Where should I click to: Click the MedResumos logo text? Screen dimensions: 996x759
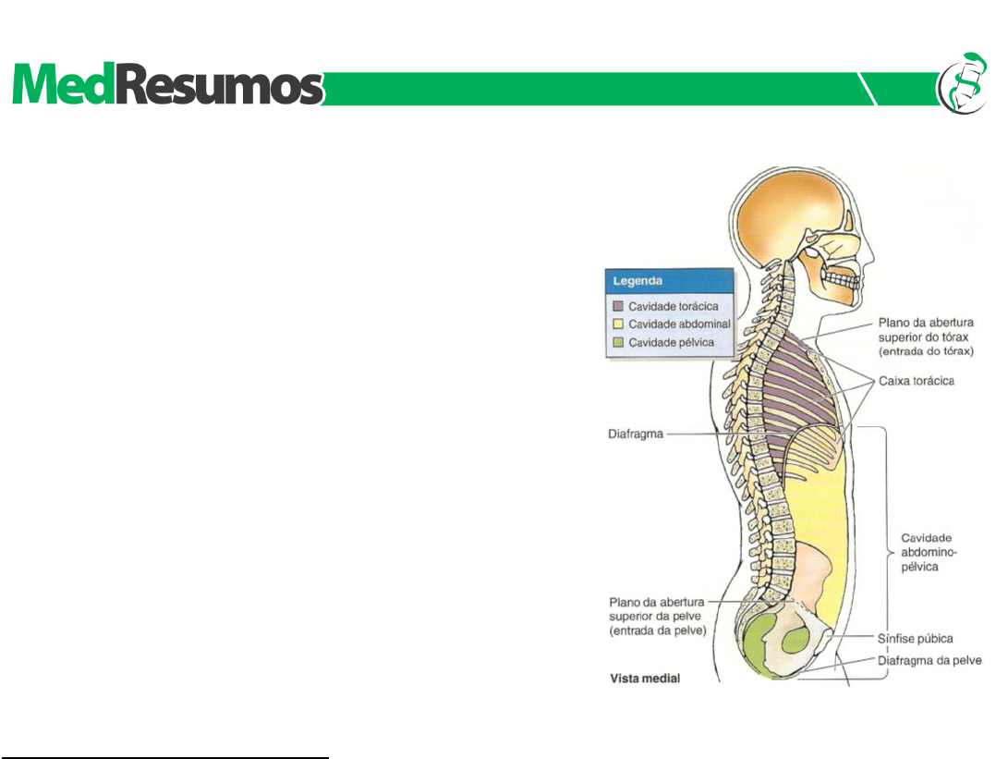point(166,87)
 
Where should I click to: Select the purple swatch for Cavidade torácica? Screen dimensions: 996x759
point(617,305)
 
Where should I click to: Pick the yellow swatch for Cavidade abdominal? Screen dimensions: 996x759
point(617,324)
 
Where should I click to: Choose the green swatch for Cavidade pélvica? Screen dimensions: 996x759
point(617,343)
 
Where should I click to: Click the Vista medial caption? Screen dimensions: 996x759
point(645,679)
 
